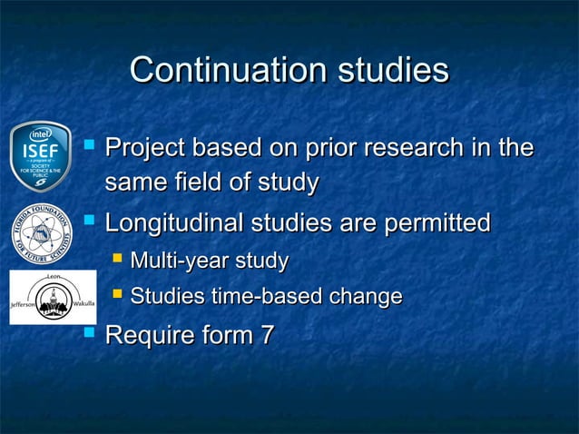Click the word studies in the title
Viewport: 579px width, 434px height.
[394, 70]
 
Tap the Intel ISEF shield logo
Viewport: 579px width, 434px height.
[41, 156]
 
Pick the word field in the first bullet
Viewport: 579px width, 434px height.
[194, 183]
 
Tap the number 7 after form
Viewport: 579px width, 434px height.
[266, 335]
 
